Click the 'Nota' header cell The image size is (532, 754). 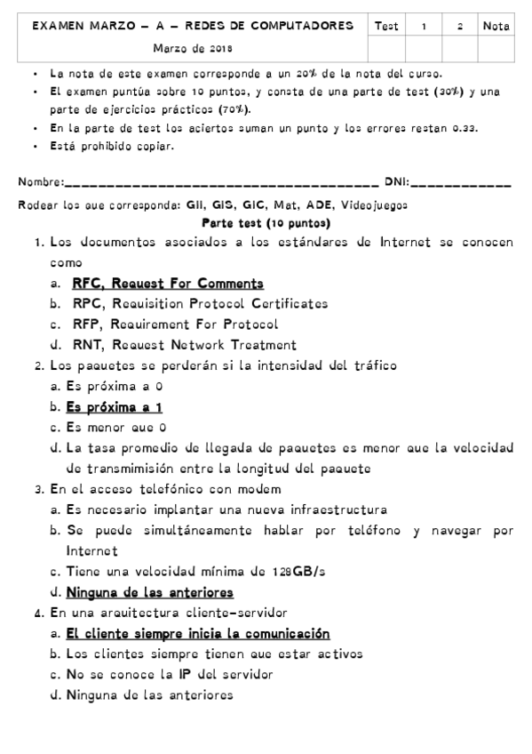496,27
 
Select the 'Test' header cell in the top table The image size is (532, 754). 386,27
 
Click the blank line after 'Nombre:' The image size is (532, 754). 222,184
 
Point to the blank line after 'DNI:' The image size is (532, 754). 462,184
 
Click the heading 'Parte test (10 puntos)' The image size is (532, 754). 266,223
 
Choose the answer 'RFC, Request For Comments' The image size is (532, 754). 168,284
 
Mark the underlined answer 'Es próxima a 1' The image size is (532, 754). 114,407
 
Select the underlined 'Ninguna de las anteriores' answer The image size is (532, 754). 150,591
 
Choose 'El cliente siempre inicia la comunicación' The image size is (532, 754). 197,633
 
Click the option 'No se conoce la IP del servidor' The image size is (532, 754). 169,674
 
